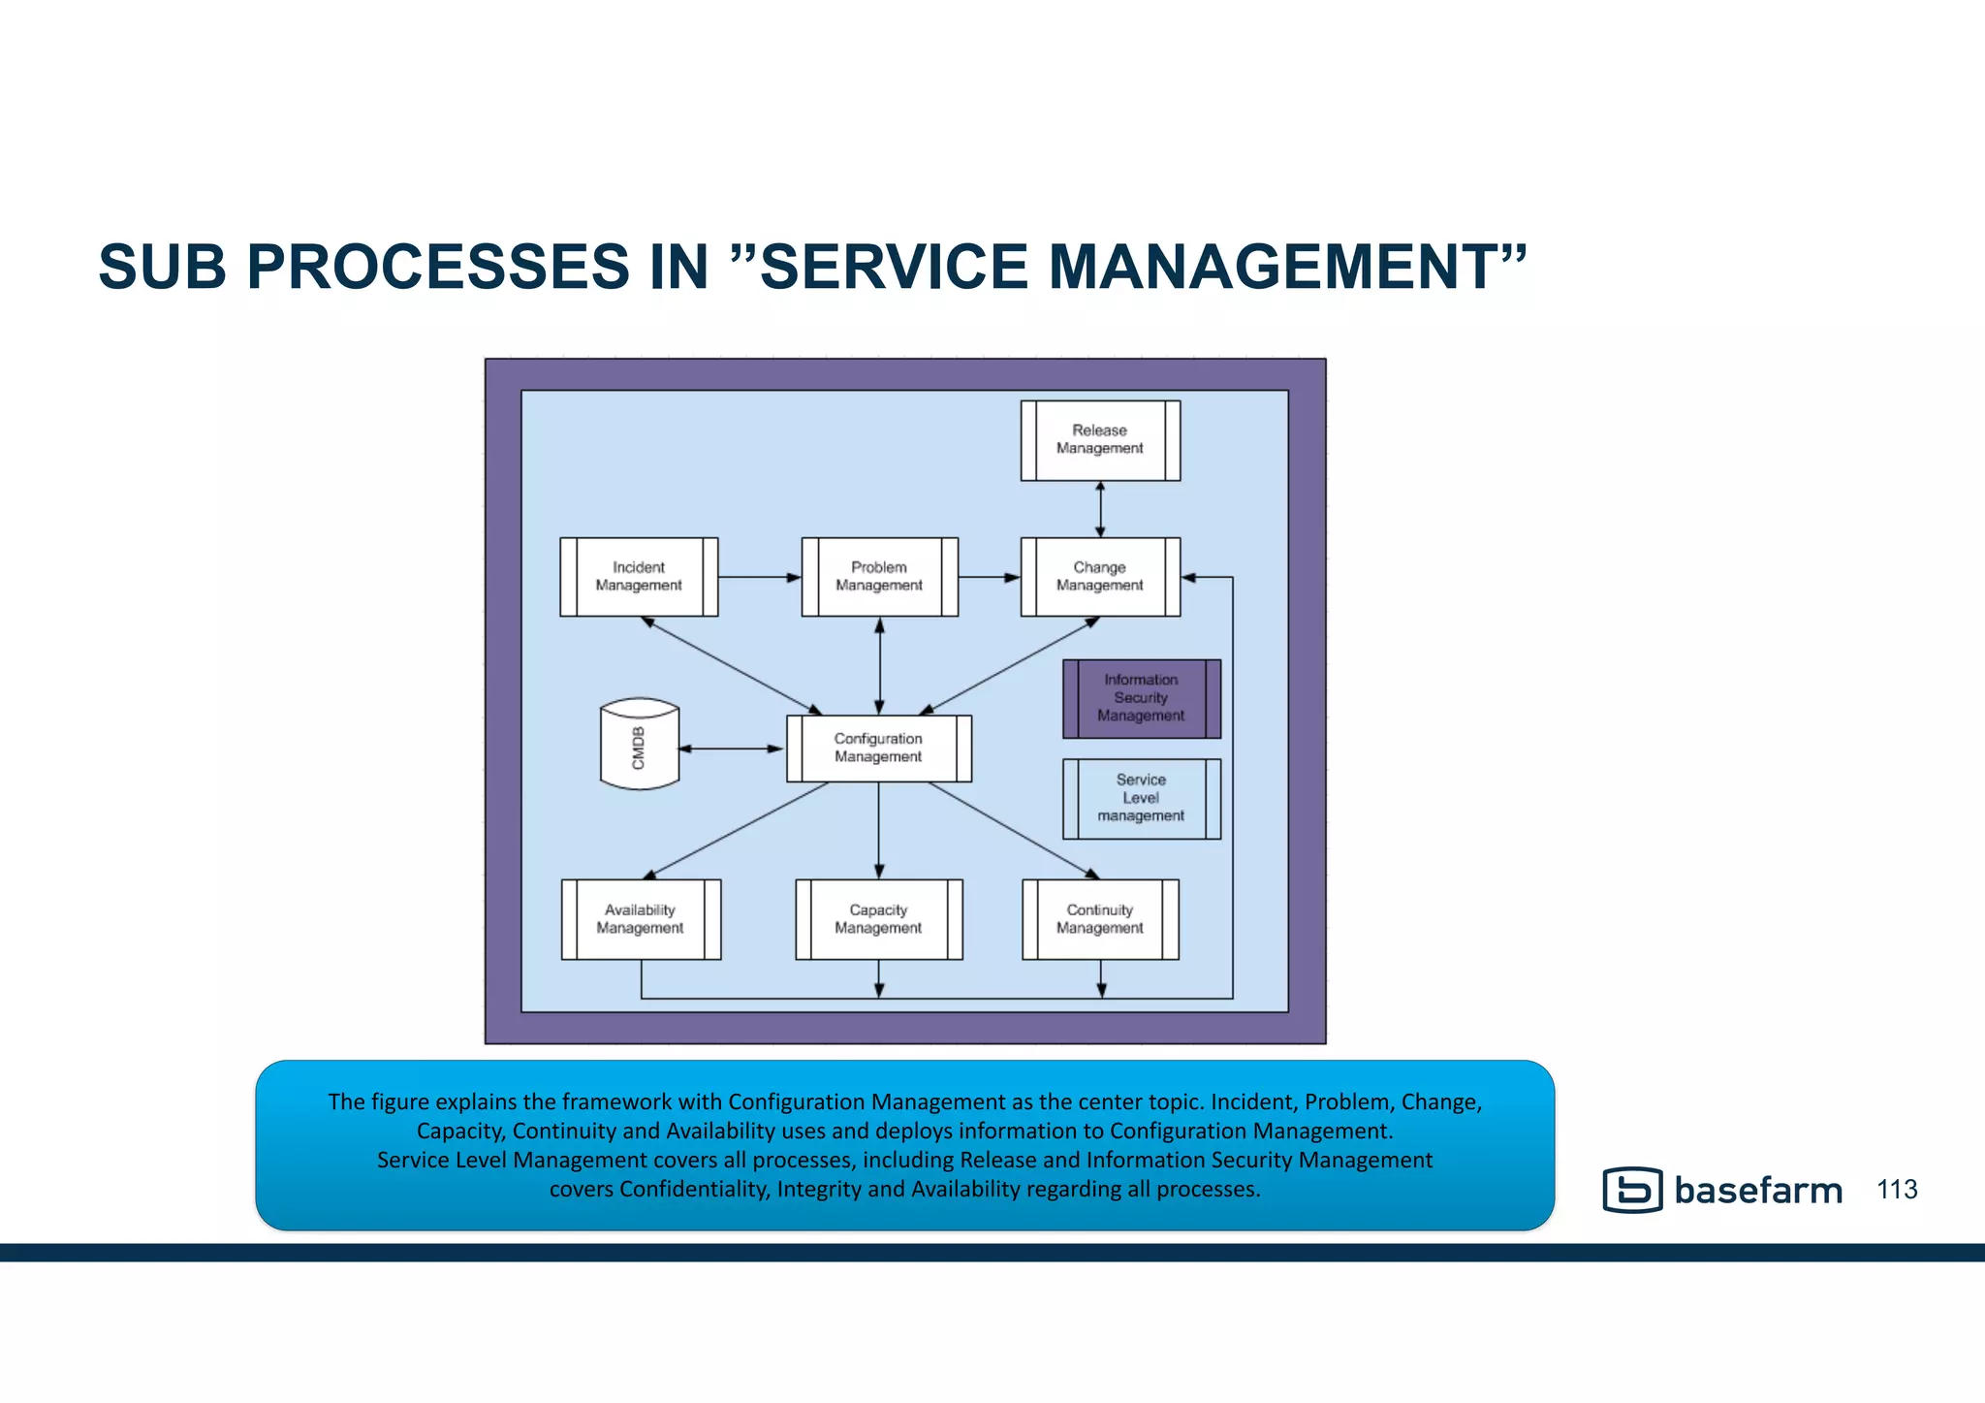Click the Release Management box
tap(1100, 440)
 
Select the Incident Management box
tap(639, 577)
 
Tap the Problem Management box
tap(879, 577)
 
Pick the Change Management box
tap(1100, 577)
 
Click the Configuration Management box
tap(878, 748)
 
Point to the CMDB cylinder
tap(639, 745)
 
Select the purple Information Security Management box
tap(1141, 698)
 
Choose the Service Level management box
tap(1141, 798)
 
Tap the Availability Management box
tap(641, 919)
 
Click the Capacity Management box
tap(878, 919)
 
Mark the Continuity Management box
tap(1100, 919)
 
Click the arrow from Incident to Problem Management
tap(759, 578)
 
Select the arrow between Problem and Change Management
tap(989, 578)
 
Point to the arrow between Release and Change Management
tap(1100, 509)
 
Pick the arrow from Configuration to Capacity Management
tap(879, 830)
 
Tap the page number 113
tap(1897, 1190)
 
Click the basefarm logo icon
tap(1632, 1190)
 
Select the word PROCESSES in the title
tap(438, 267)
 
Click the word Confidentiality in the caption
tap(691, 1189)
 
